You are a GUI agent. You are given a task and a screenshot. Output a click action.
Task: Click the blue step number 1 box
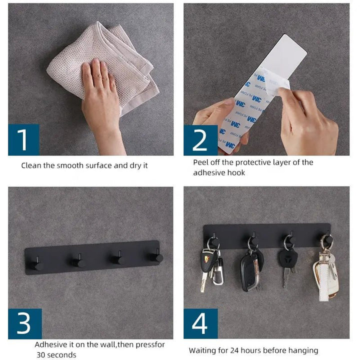point(24,139)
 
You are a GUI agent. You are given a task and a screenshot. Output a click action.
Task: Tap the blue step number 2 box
point(200,140)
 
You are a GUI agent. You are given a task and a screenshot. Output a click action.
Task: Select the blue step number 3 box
point(25,323)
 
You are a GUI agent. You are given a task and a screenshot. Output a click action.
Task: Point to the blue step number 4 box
point(200,323)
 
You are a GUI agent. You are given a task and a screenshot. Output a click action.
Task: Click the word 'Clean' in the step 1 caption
point(31,165)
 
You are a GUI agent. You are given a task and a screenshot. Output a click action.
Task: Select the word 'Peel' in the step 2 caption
point(201,162)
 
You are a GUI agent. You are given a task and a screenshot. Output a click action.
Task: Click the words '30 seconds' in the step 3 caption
point(56,354)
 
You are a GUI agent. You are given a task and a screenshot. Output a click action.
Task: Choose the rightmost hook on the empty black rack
point(156,256)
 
